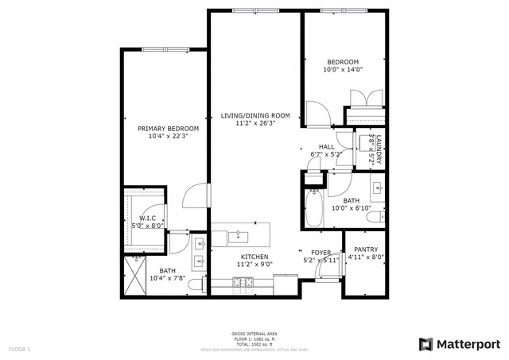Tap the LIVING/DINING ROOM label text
pos(254,115)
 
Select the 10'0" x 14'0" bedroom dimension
pos(343,70)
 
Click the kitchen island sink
pos(238,236)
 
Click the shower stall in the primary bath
pos(138,275)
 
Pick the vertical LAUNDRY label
pos(379,151)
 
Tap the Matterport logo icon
pos(426,343)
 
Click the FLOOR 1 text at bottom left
pos(19,349)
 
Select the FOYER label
pos(321,253)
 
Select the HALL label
pos(327,146)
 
